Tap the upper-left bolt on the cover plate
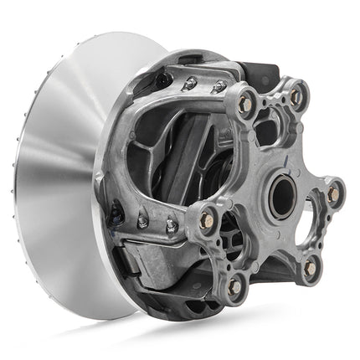[x=246, y=103]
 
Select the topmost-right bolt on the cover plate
[x=296, y=96]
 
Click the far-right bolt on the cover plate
[x=333, y=193]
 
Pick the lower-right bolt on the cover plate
[x=310, y=267]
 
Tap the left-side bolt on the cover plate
[x=207, y=221]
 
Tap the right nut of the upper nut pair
[x=219, y=86]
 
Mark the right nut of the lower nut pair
[x=170, y=225]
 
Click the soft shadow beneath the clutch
[x=167, y=339]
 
